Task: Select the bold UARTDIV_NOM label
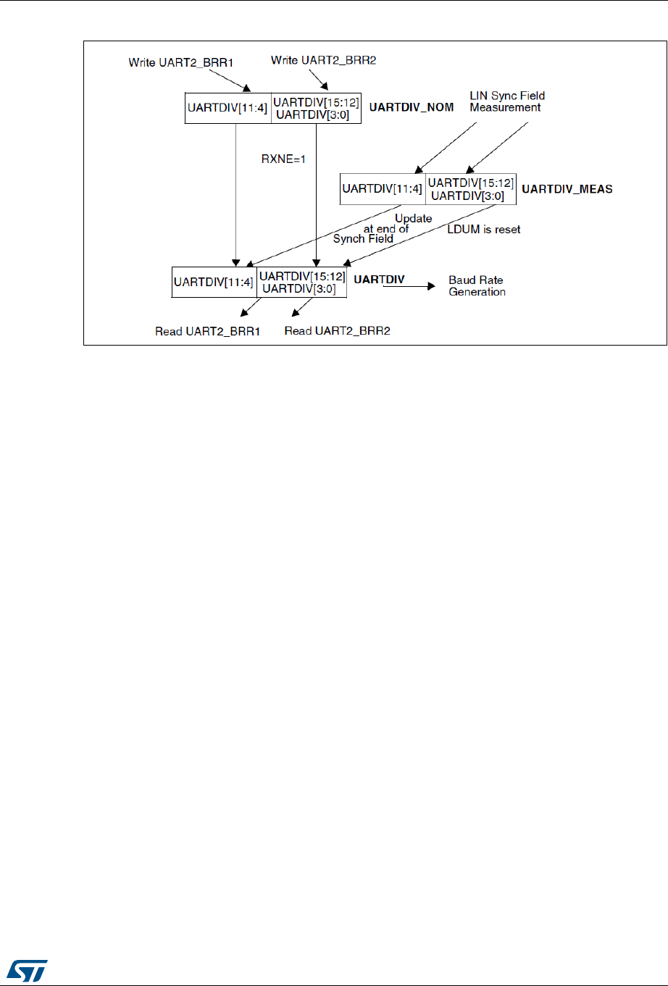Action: (412, 108)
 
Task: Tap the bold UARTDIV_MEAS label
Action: (567, 189)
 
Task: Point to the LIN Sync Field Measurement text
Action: (507, 101)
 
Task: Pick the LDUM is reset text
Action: (484, 230)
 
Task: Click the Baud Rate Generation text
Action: (477, 286)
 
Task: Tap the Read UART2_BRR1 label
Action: (208, 331)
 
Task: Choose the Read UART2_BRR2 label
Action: (338, 331)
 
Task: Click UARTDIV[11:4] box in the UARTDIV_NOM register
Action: (228, 108)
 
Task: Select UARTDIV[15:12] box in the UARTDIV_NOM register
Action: (316, 108)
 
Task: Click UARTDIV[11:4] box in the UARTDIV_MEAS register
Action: (383, 189)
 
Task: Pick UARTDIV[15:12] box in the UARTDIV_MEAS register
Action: (471, 189)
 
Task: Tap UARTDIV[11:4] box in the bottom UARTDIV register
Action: (214, 283)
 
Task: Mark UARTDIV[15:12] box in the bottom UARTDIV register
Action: (302, 283)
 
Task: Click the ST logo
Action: (28, 968)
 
